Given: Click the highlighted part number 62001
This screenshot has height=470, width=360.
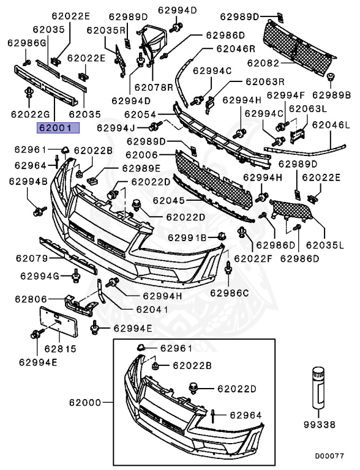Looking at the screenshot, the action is pos(58,128).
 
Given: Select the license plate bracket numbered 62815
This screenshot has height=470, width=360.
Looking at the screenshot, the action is pos(59,322).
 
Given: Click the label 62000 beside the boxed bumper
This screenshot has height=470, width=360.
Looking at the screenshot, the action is pos(85,402).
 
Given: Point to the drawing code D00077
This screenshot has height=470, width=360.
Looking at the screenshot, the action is pos(329,455).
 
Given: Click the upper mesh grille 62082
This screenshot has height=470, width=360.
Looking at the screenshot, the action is pos(298,48).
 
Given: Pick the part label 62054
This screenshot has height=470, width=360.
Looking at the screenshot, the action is pos(140,114).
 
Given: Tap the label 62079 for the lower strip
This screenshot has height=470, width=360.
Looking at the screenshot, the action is pos(32,258).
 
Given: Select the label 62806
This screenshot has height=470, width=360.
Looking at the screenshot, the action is pos(31,299).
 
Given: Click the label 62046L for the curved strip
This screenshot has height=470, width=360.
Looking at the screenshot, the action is pos(331,124).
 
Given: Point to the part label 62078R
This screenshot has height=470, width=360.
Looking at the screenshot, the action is pos(154,88).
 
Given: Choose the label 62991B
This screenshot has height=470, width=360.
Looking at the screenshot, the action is pos(187,237).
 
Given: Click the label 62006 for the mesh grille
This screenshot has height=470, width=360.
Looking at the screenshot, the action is pos(141,155).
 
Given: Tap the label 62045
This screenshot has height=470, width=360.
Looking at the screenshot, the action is pos(169,200).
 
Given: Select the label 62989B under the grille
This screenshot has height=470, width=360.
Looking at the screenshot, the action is pos(331,95).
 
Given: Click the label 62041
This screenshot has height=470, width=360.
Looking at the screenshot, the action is pos(152,309).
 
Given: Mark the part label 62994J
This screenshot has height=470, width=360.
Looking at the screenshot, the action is pos(116,128).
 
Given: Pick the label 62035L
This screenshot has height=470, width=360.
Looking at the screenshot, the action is pos(325,245).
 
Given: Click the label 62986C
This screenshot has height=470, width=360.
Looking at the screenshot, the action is pos(229,293).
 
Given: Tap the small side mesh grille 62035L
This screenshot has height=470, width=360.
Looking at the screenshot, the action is pos(292,211).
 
